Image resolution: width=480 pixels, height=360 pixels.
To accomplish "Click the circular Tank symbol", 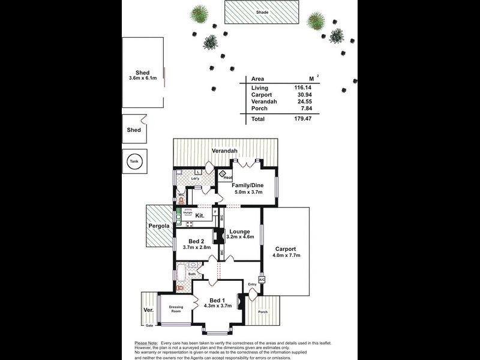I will [133, 161].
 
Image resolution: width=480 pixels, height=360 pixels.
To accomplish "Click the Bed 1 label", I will [217, 300].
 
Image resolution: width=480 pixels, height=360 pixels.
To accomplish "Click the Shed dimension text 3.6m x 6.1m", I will [143, 79].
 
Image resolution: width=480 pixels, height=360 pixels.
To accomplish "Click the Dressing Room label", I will [175, 308].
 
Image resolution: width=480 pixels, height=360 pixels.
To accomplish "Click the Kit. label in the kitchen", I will [200, 215].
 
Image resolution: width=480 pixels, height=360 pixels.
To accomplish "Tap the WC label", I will [181, 194].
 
